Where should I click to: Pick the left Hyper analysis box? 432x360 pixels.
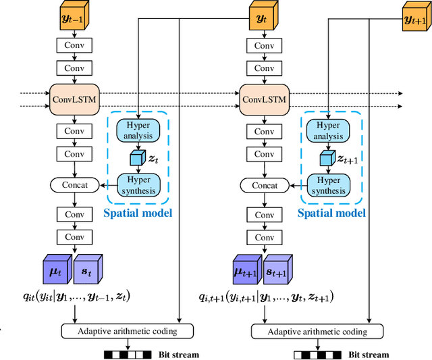[x=138, y=130]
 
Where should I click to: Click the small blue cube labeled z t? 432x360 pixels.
[x=138, y=157]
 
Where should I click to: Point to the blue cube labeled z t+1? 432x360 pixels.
[x=327, y=157]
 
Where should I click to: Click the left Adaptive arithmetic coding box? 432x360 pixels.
[x=127, y=331]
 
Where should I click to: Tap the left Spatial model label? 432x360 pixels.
[x=138, y=213]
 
